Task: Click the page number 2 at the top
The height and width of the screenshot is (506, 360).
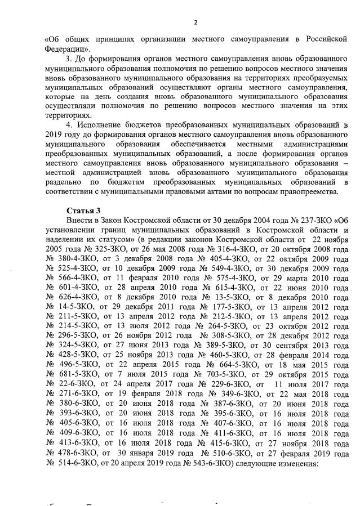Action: click(x=194, y=23)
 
